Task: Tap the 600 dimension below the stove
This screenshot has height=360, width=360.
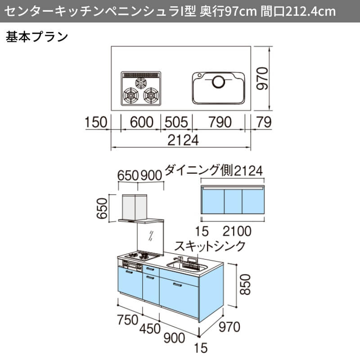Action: [x=140, y=122]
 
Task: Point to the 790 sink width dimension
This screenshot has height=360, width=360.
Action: [x=219, y=122]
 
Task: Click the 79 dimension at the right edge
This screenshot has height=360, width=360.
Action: [x=262, y=122]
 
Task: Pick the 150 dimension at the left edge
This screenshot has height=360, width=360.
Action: [x=96, y=122]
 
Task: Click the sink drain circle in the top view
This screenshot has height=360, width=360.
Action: [x=219, y=82]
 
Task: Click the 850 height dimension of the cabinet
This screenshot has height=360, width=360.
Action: [x=244, y=285]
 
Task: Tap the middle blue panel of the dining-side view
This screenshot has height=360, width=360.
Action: [x=233, y=202]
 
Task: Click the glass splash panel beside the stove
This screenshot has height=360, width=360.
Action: [x=151, y=237]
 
